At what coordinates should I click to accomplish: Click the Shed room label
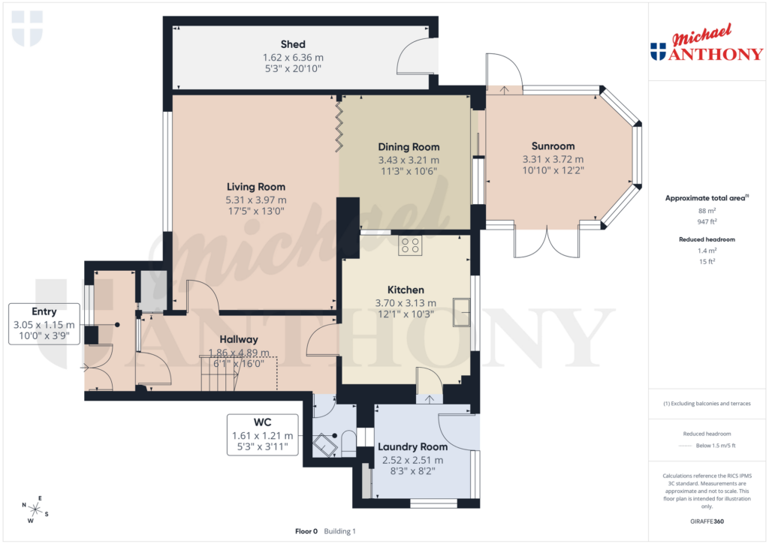click(x=293, y=44)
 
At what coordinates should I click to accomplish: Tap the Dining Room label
click(x=409, y=147)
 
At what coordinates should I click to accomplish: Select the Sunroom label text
click(x=553, y=146)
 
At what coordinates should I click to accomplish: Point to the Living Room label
click(x=256, y=187)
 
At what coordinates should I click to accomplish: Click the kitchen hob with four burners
click(x=410, y=245)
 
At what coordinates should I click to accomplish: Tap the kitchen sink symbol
click(x=460, y=312)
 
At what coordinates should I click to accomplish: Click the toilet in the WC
click(x=348, y=443)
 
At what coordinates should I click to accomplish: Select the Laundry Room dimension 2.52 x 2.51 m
click(x=412, y=460)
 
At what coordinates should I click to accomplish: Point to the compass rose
click(x=35, y=509)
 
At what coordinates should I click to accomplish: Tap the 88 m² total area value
click(x=705, y=211)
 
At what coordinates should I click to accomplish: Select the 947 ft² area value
click(x=705, y=221)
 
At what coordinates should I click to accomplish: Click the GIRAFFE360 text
click(x=705, y=521)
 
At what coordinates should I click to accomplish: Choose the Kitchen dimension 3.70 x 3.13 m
click(x=406, y=303)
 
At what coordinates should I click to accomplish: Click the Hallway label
click(x=239, y=339)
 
